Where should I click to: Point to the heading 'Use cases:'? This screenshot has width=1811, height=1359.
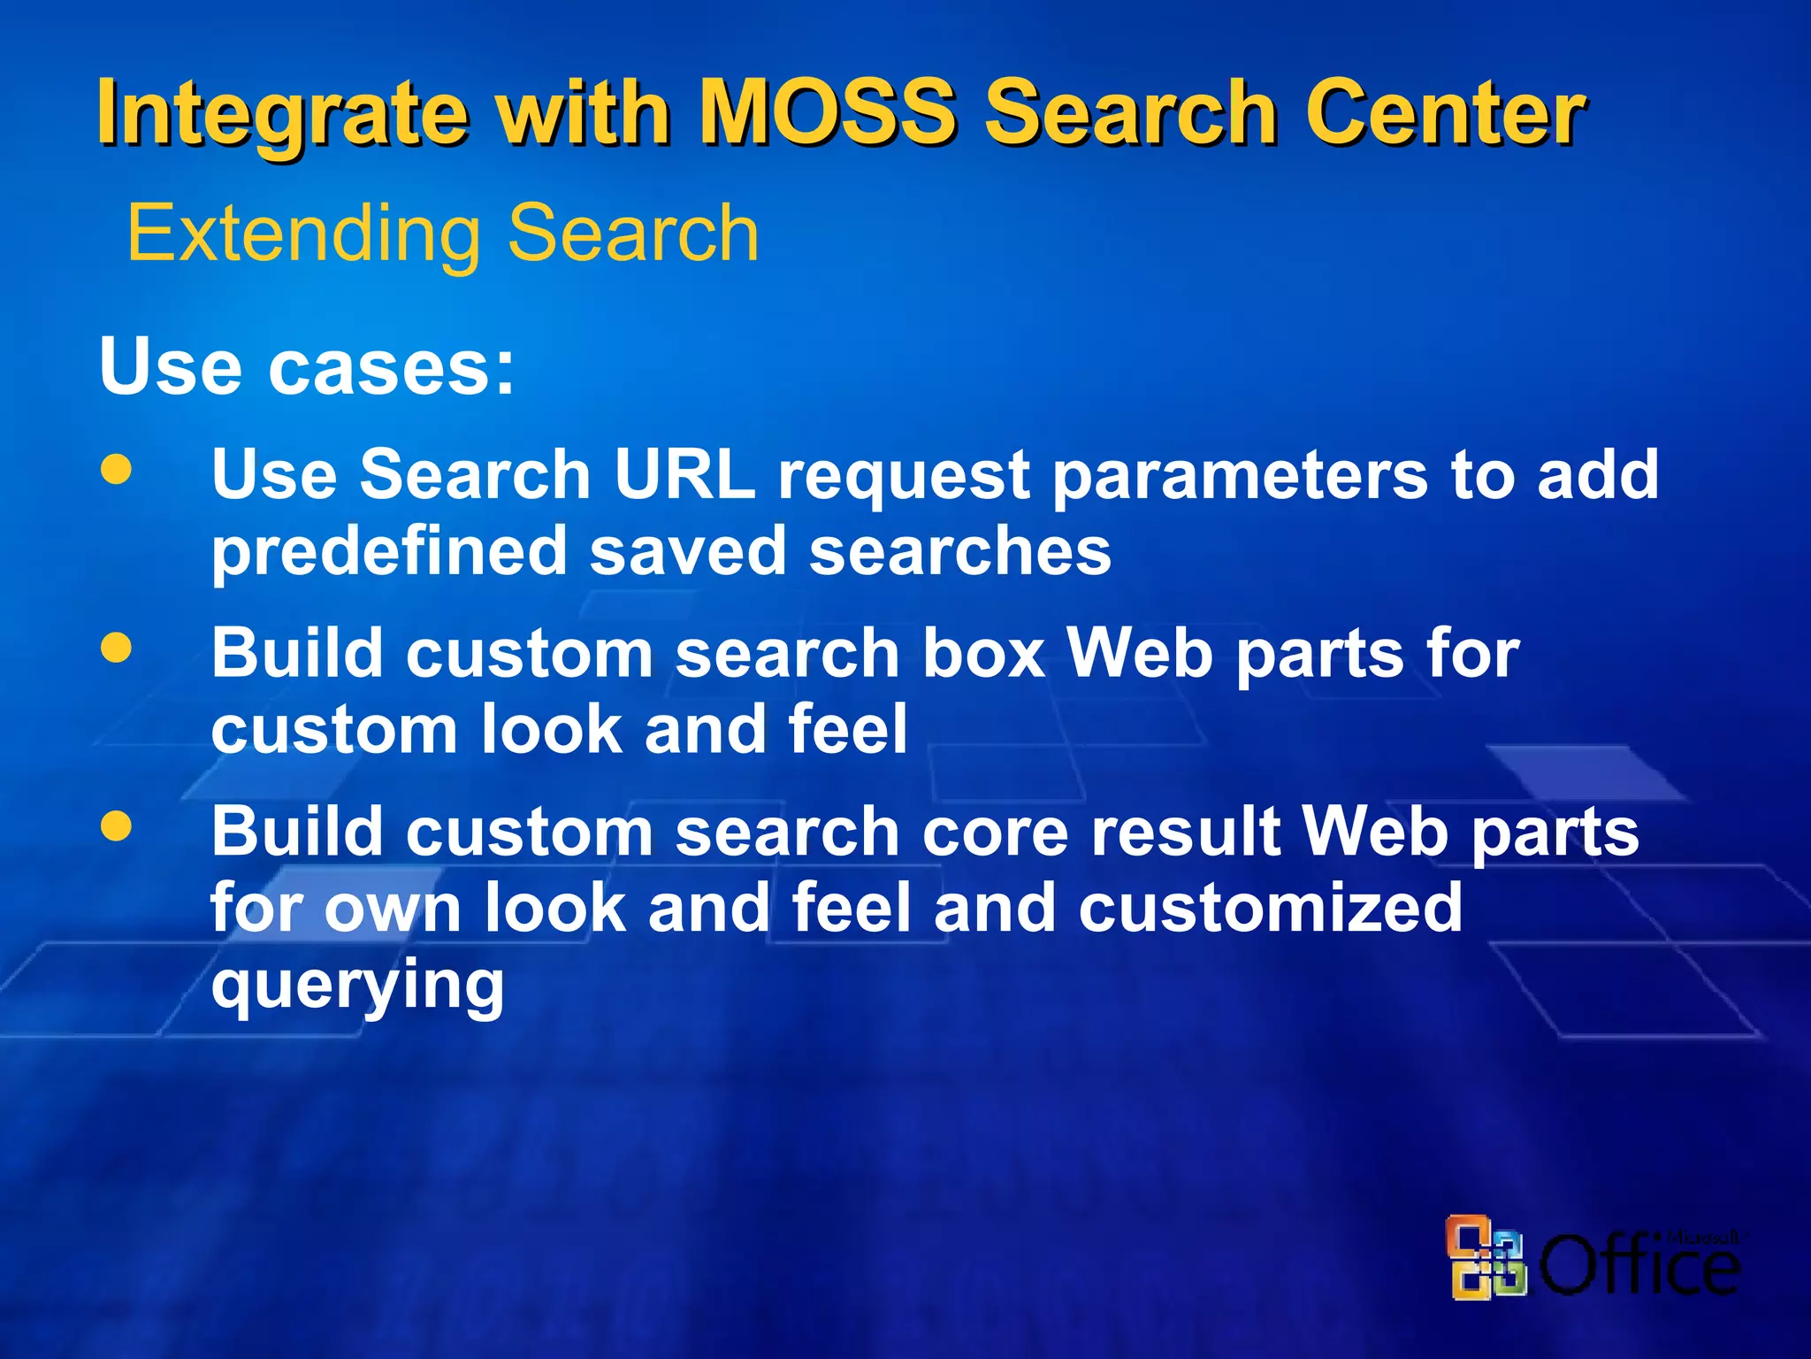(x=307, y=366)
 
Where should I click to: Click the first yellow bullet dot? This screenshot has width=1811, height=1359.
(x=116, y=469)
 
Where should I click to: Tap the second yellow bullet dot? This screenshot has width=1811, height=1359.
(x=116, y=648)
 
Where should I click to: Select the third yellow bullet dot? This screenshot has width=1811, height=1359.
(x=116, y=826)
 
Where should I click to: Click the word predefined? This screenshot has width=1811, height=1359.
(x=388, y=551)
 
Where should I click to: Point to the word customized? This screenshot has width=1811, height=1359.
(x=1270, y=908)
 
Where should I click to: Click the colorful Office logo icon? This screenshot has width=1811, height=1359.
(x=1486, y=1257)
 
